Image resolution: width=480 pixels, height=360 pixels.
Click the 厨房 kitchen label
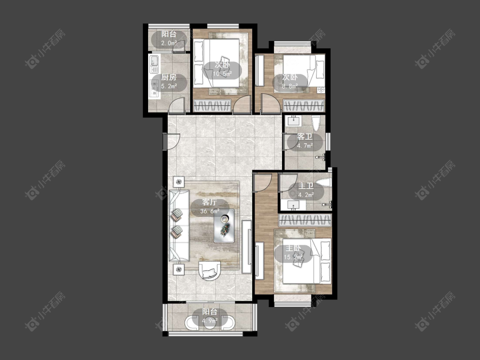pos(169,77)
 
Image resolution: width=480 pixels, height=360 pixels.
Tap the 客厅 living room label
pos(209,202)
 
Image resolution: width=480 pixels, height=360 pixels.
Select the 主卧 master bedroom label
pos(293,248)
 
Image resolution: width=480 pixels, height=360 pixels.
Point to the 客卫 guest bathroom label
pos(305,137)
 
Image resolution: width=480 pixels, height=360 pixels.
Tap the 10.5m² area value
pos(222,74)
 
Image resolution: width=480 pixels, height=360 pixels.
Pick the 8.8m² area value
pos(290,86)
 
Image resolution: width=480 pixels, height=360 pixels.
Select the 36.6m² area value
pos(209,211)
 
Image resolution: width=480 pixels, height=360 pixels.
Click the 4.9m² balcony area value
pos(209,321)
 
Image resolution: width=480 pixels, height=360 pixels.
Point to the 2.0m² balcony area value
pos(169,43)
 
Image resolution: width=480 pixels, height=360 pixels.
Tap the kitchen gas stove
pos(154,88)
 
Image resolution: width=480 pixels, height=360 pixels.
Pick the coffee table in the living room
pos(224,226)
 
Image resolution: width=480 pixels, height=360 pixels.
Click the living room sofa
pos(179,226)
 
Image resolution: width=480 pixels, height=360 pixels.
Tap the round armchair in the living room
pos(209,270)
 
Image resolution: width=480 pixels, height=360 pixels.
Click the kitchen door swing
pos(177,105)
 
